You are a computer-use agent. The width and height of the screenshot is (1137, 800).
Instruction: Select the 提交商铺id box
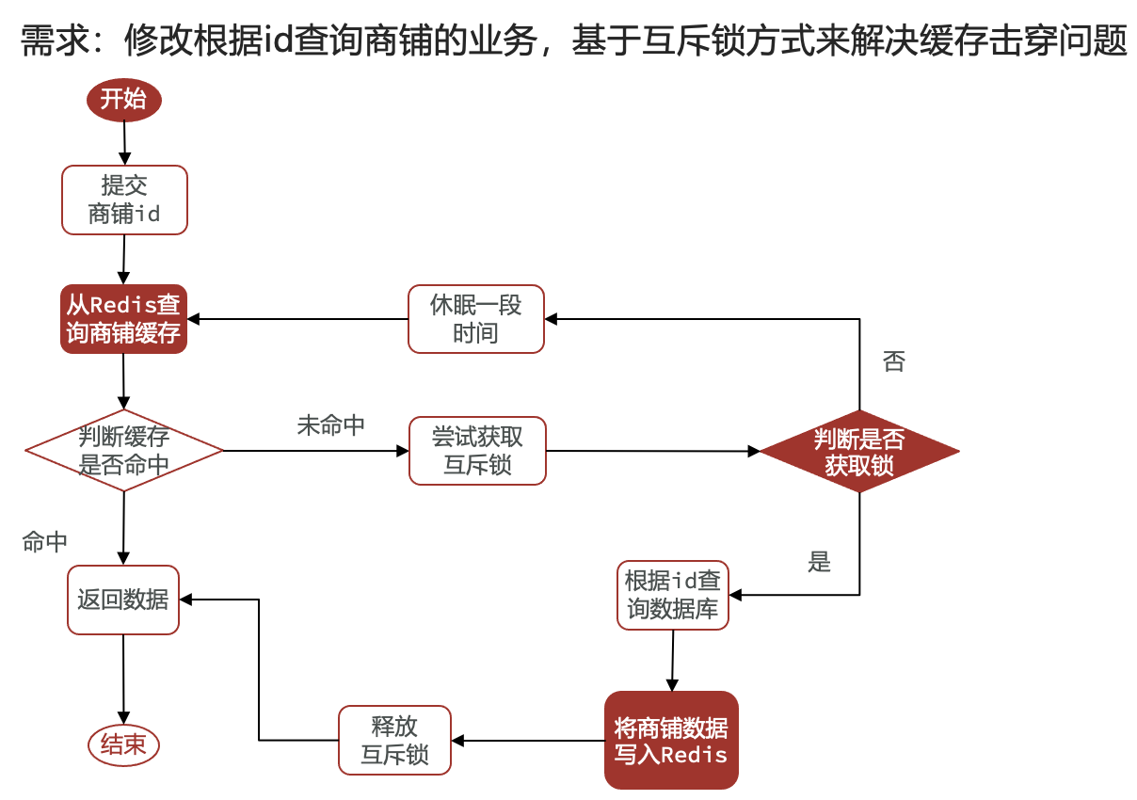point(124,200)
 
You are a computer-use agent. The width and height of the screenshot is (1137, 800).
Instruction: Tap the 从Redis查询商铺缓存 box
point(123,319)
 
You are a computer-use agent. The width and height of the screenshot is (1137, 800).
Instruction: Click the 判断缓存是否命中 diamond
point(124,451)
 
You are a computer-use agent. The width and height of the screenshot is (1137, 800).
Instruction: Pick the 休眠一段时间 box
point(475,319)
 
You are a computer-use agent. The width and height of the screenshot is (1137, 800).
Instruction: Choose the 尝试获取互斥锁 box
point(477,451)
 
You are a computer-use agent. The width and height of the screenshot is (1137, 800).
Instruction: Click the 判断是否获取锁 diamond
point(859,452)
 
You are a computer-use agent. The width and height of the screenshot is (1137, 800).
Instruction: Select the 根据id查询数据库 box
point(673,596)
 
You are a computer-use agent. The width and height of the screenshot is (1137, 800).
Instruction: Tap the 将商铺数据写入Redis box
point(671,741)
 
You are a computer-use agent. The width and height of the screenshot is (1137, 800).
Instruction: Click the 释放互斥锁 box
point(395,741)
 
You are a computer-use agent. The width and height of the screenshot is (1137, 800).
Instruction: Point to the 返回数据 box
point(123,600)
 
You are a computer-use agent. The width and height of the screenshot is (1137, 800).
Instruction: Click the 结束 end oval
point(123,745)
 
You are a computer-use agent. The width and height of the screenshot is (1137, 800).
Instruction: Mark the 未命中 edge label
point(331,425)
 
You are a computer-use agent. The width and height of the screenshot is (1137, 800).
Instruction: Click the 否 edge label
point(893,361)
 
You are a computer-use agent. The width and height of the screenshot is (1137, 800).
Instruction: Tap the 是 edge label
point(820,562)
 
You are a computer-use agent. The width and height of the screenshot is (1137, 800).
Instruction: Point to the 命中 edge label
point(45,542)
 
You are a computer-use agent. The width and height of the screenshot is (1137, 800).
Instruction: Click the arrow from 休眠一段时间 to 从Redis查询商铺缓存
point(297,319)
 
